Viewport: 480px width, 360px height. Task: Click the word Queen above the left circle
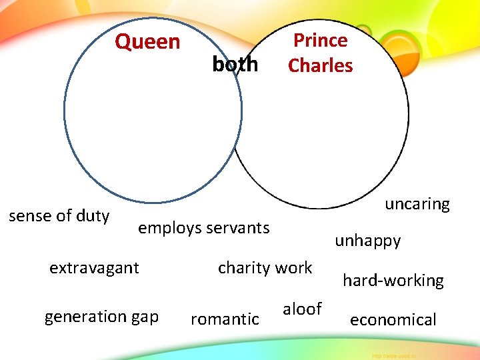pyautogui.click(x=147, y=42)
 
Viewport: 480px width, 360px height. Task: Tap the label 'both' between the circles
pyautogui.click(x=235, y=65)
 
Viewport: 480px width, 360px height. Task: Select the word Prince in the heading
pyautogui.click(x=321, y=41)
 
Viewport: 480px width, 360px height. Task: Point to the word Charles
pyautogui.click(x=321, y=66)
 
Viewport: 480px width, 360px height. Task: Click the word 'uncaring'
pyautogui.click(x=417, y=204)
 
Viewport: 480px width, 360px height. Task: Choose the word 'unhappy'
pyautogui.click(x=368, y=241)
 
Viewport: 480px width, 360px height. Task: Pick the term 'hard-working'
pyautogui.click(x=393, y=281)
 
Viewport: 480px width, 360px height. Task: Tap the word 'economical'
pyautogui.click(x=393, y=320)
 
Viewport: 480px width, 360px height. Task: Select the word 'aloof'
pyautogui.click(x=302, y=309)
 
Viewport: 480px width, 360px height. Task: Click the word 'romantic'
pyautogui.click(x=225, y=319)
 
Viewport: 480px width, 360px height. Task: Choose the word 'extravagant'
pyautogui.click(x=95, y=268)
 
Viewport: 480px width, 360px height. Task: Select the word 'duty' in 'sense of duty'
pyautogui.click(x=93, y=216)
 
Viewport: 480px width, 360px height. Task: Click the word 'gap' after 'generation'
pyautogui.click(x=145, y=317)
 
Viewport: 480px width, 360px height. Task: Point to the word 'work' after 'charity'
pyautogui.click(x=293, y=268)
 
